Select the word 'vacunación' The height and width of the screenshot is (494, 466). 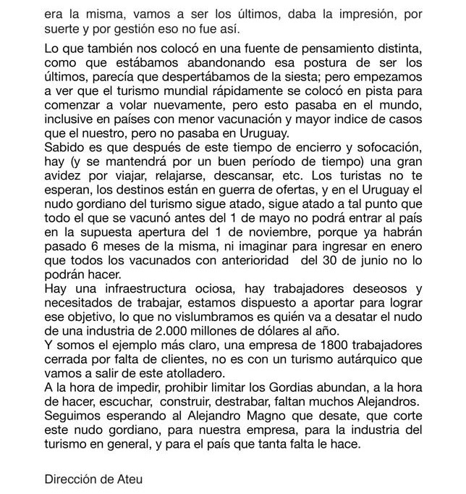click(250, 122)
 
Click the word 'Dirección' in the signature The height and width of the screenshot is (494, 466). click(73, 478)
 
